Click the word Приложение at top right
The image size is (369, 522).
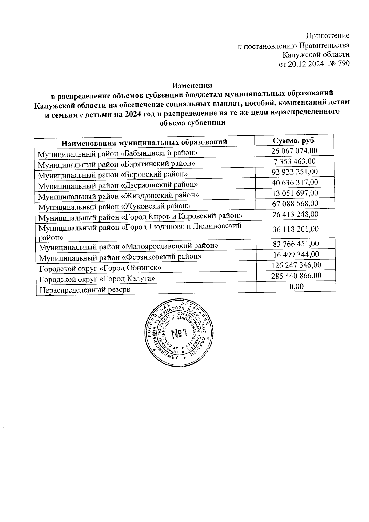coord(328,36)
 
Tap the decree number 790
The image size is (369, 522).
coord(343,64)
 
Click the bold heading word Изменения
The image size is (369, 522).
coord(192,85)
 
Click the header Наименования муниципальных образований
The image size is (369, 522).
coord(144,142)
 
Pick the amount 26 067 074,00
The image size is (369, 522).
coord(294,151)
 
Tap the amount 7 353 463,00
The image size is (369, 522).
coord(295,161)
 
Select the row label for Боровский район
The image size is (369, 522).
coord(113,175)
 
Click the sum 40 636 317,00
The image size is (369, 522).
coord(295,183)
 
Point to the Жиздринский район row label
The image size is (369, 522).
coord(118,196)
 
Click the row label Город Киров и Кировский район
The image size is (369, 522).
coord(140,217)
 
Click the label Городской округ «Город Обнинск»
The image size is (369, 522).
coord(100,268)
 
